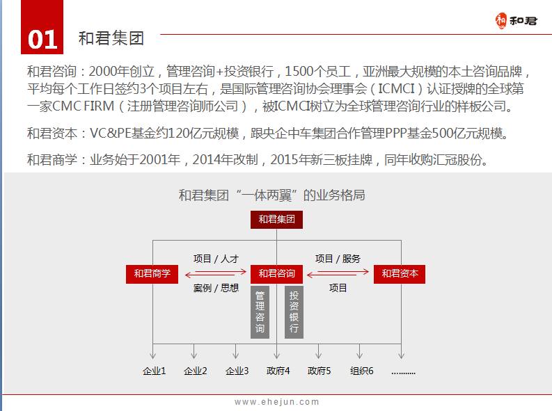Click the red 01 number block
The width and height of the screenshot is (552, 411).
click(x=42, y=27)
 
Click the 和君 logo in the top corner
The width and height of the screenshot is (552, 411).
click(x=516, y=21)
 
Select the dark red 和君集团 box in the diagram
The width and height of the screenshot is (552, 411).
click(x=277, y=220)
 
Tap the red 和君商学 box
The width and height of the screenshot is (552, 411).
click(x=152, y=274)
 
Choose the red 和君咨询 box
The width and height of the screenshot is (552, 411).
click(x=277, y=274)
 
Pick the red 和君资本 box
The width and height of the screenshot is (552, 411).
click(x=400, y=274)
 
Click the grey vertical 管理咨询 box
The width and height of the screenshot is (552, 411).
click(x=260, y=312)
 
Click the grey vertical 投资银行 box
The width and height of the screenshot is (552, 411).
click(x=294, y=312)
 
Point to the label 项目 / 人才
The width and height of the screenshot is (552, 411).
click(x=216, y=259)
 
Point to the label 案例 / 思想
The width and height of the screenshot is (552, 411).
click(x=216, y=289)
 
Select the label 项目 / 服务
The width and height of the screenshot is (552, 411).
click(x=338, y=259)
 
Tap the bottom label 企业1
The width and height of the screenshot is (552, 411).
click(x=155, y=371)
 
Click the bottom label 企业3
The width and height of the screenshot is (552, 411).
click(x=237, y=371)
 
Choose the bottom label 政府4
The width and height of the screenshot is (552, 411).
click(x=278, y=371)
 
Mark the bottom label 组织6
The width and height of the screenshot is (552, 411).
click(x=361, y=371)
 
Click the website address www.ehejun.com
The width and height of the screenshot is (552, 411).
click(x=277, y=402)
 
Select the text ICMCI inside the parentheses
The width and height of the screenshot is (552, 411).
click(x=396, y=89)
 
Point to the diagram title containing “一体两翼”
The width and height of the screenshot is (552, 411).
click(x=271, y=195)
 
